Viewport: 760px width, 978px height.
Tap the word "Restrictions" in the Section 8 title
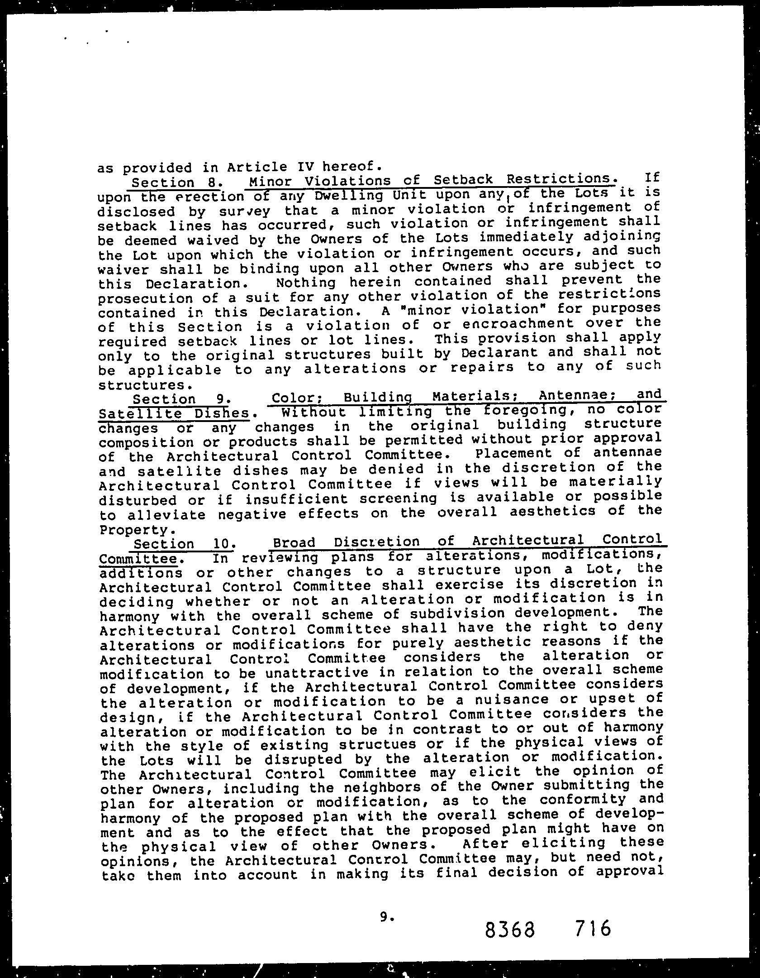[561, 180]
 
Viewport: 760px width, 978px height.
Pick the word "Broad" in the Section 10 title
[294, 542]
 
